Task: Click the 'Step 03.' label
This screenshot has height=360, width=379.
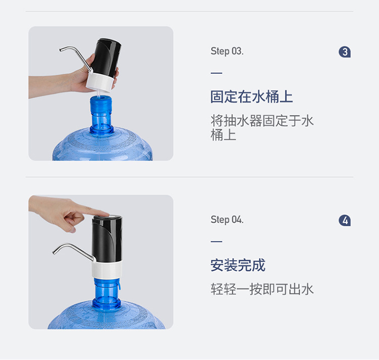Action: point(227,52)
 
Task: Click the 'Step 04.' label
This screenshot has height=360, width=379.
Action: point(227,220)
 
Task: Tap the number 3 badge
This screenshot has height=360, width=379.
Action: point(345,52)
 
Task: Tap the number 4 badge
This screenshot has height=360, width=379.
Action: point(345,221)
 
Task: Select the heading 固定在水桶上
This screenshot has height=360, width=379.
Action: point(252,97)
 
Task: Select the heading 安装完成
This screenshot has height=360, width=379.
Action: point(238,265)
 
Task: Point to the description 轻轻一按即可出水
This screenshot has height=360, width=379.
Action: point(262,289)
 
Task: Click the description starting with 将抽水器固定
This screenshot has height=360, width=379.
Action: point(262,128)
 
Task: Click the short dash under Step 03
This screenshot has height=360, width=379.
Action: point(216,73)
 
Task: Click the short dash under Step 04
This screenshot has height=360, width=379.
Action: point(216,241)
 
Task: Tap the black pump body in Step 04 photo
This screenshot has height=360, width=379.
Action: point(107,237)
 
